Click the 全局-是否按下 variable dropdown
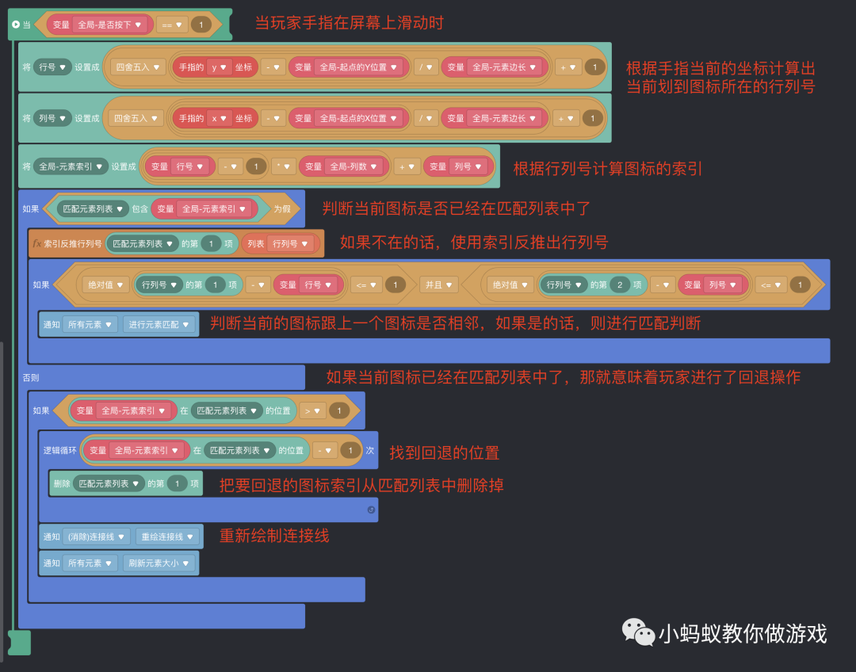pos(110,25)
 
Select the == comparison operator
pos(172,25)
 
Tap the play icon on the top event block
pos(16,25)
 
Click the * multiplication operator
pos(282,166)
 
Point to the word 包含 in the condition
pos(139,209)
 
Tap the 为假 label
pos(281,209)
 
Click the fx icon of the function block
pos(36,243)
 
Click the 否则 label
pos(31,377)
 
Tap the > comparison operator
pos(311,410)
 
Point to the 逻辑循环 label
pos(59,450)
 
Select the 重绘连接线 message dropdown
pos(167,536)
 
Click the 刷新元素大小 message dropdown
pos(159,563)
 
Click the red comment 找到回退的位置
pos(444,453)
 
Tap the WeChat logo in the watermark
pos(637,632)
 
